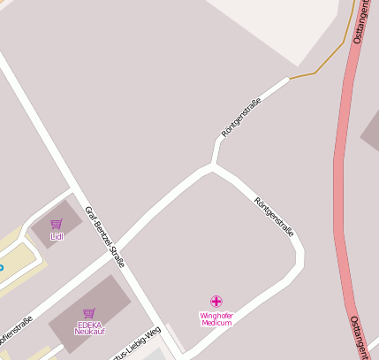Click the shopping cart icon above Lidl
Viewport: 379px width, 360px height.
(x=57, y=225)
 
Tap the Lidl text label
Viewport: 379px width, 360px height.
(x=57, y=236)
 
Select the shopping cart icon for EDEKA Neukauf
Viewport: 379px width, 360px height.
(x=88, y=313)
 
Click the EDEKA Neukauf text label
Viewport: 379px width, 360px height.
(x=89, y=327)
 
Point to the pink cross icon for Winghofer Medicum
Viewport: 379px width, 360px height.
(x=216, y=302)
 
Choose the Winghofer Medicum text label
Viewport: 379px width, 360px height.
(x=216, y=318)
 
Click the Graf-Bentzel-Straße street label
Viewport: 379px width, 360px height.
(x=104, y=236)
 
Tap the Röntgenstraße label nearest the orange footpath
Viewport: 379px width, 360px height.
(x=242, y=120)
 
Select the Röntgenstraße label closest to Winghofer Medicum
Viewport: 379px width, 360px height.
(x=274, y=217)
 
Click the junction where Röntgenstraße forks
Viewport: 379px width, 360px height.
(x=212, y=165)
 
